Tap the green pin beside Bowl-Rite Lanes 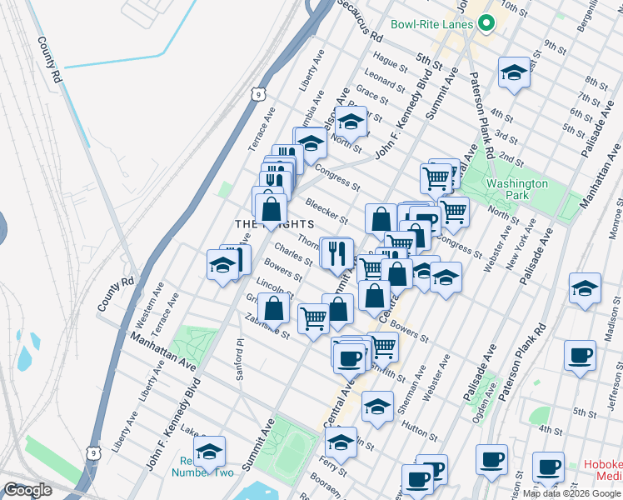(486, 24)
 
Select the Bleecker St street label (326, 211)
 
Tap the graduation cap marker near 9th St (514, 72)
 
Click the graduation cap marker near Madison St (586, 288)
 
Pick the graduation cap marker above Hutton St (377, 407)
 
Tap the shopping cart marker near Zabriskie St (313, 318)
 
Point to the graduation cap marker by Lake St (209, 451)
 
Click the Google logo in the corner (27, 490)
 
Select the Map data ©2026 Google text (571, 493)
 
